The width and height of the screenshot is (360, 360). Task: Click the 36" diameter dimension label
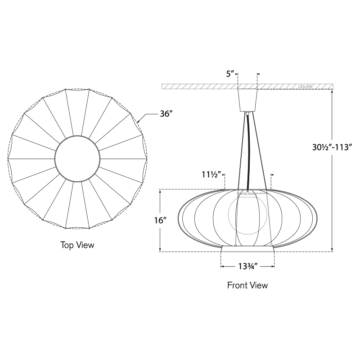tap(166, 113)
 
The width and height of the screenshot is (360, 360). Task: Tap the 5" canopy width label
tap(230, 74)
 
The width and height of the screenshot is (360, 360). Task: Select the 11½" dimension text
tap(211, 175)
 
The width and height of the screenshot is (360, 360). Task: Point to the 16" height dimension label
tap(160, 220)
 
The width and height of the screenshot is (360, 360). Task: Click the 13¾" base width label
tap(248, 266)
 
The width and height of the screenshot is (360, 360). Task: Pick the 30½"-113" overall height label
tap(332, 147)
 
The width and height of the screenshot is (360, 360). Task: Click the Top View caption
tap(77, 245)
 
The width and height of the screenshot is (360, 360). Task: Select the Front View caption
tap(247, 285)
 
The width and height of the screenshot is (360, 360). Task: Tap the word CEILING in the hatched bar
tap(306, 86)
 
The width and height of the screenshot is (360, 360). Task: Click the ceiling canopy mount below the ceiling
tap(247, 100)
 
